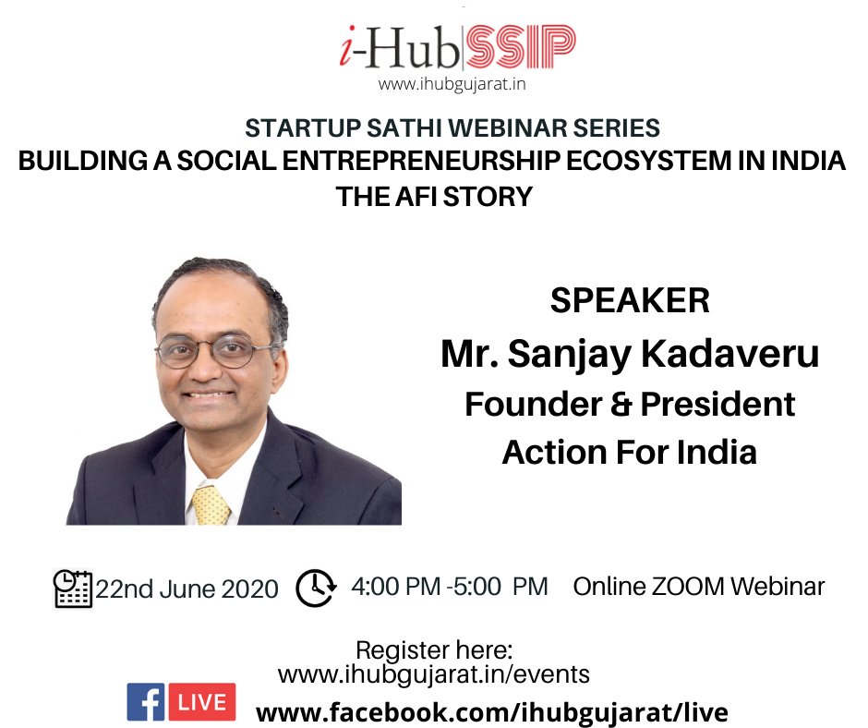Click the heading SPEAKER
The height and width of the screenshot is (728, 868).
pos(629,301)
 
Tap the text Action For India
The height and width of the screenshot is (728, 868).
pos(629,452)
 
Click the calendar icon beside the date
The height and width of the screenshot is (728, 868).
pos(73,588)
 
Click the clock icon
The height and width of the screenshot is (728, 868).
pos(316,587)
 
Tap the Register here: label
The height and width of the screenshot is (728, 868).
pos(433,649)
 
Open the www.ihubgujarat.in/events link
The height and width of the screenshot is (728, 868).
pos(433,674)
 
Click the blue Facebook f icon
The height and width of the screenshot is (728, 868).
pos(145,702)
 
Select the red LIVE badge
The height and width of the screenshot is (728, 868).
pos(201,702)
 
